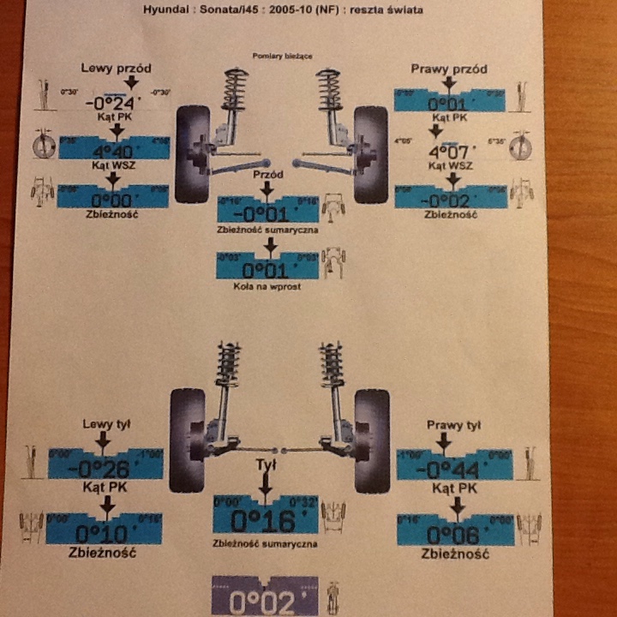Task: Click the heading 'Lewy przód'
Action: pos(114,67)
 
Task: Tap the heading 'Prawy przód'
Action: pos(449,69)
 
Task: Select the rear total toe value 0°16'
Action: pos(265,520)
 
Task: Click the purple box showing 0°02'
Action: pos(265,601)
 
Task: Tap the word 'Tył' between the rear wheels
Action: pos(266,464)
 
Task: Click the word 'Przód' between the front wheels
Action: pos(267,174)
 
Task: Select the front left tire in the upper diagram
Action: pos(192,153)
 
